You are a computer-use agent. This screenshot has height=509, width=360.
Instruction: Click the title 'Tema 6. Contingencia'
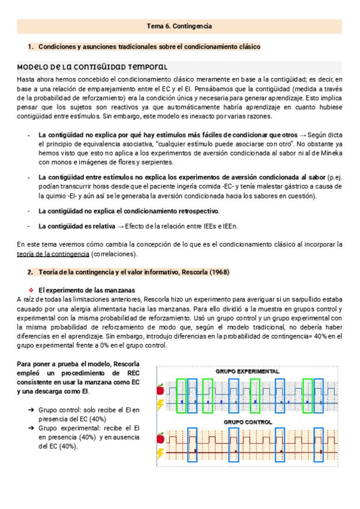coord(179,26)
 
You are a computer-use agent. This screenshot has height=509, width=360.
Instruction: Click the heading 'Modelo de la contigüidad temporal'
coord(92,67)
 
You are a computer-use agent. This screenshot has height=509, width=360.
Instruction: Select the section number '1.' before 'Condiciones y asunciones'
coord(31,46)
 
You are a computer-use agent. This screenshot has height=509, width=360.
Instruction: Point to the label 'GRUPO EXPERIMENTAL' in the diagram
coord(248,372)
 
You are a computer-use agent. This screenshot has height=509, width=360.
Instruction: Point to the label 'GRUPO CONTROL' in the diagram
coord(248,422)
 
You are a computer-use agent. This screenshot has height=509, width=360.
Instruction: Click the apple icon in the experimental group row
coord(160,390)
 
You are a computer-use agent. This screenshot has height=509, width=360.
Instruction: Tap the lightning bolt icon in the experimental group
coord(160,404)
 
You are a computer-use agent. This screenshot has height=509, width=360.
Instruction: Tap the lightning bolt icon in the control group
coord(160,453)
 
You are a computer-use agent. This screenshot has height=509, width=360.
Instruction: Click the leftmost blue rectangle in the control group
coord(192,445)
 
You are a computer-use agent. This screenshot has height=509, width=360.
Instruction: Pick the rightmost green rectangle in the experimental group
coord(308,396)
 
